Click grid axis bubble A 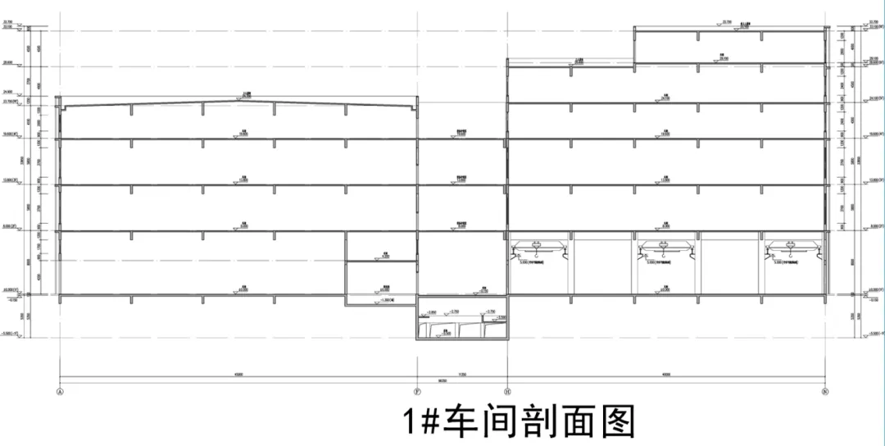coord(60,392)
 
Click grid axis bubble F coord(418,392)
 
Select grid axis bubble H coord(508,392)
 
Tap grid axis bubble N coord(826,392)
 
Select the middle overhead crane coord(665,246)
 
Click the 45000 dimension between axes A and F coord(238,373)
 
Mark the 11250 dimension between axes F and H coord(462,373)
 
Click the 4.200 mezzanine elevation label coord(384,257)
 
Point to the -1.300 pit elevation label coord(388,301)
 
